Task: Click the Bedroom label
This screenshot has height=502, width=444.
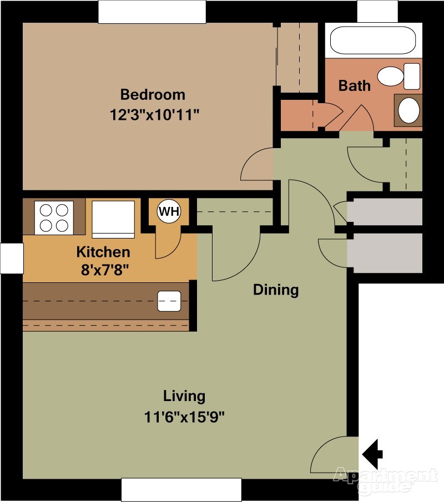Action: click(153, 95)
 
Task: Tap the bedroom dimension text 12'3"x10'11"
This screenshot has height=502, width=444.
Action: click(155, 115)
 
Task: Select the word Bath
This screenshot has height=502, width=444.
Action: click(354, 86)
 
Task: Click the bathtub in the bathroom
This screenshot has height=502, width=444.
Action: click(373, 40)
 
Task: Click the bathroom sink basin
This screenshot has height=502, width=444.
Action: click(408, 110)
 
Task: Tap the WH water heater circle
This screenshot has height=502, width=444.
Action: click(169, 211)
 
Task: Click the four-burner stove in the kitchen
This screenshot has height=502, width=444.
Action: click(54, 217)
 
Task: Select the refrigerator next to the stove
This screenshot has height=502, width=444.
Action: click(113, 219)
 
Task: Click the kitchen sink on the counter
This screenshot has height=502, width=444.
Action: click(169, 301)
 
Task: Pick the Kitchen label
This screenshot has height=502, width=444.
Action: click(103, 252)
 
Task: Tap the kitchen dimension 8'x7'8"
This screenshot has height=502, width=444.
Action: click(105, 270)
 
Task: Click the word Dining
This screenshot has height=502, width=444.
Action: click(276, 290)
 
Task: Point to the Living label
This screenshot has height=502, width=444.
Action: click(184, 397)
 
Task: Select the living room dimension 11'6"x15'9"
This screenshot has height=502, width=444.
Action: click(184, 417)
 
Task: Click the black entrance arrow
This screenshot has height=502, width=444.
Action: click(372, 454)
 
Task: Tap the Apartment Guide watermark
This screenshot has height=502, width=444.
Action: click(385, 479)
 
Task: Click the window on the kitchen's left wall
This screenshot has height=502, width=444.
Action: click(12, 258)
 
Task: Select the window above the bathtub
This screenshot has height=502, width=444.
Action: click(377, 11)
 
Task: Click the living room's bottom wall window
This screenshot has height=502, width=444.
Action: click(181, 489)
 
